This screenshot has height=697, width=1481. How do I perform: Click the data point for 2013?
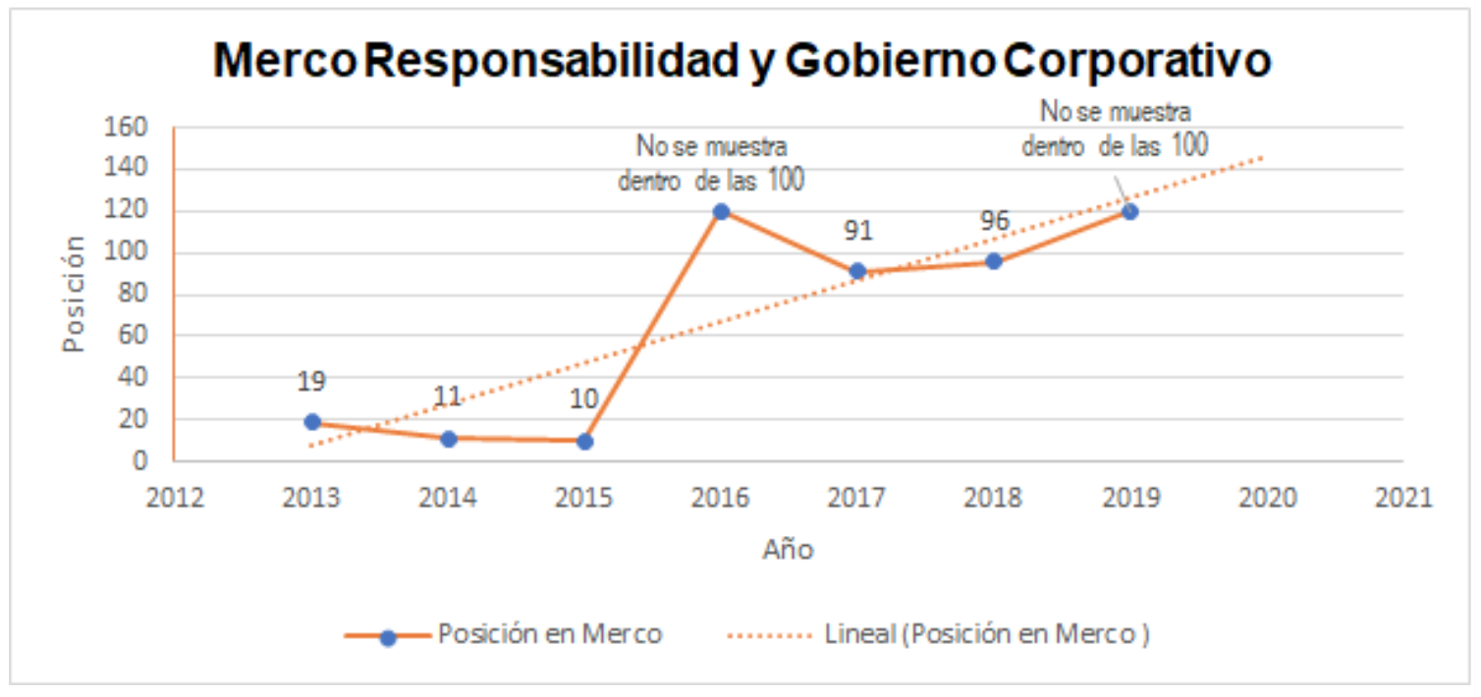tap(312, 421)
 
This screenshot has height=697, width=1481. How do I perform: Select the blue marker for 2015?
tap(584, 441)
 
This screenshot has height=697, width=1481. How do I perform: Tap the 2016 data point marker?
tap(721, 211)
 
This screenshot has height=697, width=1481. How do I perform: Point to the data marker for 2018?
tap(994, 261)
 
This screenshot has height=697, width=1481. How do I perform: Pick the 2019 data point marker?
tap(1129, 211)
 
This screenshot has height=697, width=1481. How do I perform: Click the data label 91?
tap(857, 232)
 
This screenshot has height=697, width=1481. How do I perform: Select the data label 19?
tap(312, 382)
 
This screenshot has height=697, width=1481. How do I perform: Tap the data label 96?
tap(994, 222)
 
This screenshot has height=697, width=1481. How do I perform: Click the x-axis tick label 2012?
tap(175, 497)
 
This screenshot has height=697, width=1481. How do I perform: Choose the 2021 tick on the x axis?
tap(1402, 497)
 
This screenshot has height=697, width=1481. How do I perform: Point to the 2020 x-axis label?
tap(1266, 497)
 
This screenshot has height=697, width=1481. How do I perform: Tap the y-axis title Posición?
tap(75, 294)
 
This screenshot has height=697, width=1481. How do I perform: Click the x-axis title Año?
tap(788, 550)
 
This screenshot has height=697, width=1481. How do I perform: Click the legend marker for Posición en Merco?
tap(388, 637)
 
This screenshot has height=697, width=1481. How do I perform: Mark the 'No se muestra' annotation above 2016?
tap(711, 147)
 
